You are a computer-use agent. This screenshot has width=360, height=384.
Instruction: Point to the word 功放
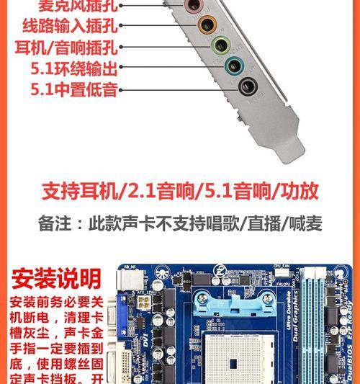[x=300, y=191]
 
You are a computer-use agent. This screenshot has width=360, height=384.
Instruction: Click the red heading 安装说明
[x=57, y=277]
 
